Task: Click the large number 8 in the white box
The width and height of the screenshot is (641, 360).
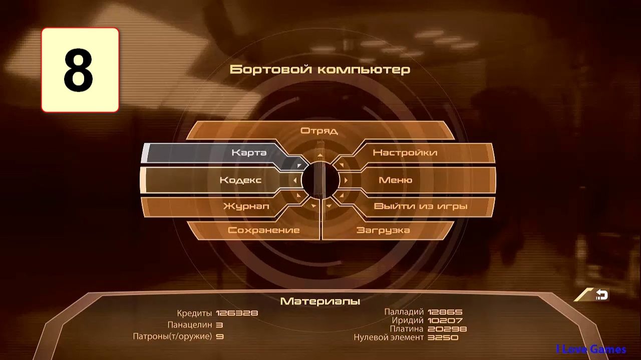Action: [x=79, y=70]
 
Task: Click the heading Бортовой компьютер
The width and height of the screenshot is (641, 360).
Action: [x=319, y=69]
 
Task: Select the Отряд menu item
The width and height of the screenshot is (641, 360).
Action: [x=319, y=131]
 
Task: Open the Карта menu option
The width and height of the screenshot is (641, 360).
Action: [x=249, y=153]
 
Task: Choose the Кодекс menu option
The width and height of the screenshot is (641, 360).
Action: [x=240, y=180]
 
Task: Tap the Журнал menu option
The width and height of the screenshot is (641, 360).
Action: [x=246, y=206]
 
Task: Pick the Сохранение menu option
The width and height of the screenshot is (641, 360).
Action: [x=263, y=230]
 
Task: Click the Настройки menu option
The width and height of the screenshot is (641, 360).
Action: [x=405, y=153]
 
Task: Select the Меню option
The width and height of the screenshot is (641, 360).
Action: [x=396, y=180]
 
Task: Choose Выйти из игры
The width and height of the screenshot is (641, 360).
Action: [x=421, y=206]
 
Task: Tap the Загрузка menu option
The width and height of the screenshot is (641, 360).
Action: [x=383, y=230]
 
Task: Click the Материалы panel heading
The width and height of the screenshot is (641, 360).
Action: [x=320, y=301]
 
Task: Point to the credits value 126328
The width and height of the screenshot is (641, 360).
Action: [x=237, y=313]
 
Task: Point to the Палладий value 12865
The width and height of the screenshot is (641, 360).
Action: [x=445, y=312]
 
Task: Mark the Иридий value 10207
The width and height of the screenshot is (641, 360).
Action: [x=445, y=320]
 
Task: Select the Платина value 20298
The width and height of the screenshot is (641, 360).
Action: [x=447, y=329]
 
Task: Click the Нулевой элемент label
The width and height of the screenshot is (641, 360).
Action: [x=389, y=337]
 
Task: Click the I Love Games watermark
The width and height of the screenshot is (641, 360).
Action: [x=591, y=349]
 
